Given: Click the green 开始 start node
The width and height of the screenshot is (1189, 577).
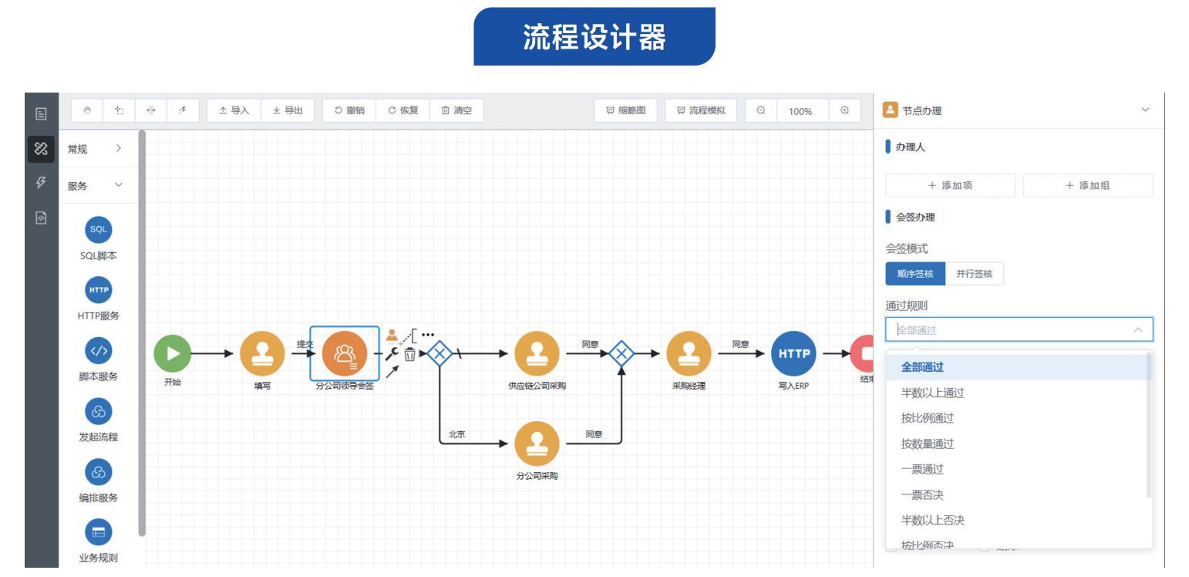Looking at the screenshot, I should click(x=172, y=353).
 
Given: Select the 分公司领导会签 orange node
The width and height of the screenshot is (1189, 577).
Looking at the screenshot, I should click(x=345, y=353).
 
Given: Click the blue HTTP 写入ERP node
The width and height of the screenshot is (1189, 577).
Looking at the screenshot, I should click(x=793, y=353).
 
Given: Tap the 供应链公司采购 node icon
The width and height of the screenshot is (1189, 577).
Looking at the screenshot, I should click(x=537, y=353).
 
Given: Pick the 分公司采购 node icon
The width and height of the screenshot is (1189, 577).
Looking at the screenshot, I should click(x=537, y=444).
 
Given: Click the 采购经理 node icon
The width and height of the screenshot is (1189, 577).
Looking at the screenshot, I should click(x=689, y=353).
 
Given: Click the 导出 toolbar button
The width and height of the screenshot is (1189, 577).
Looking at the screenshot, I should click(x=288, y=110).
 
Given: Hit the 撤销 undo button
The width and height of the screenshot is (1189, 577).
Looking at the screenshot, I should click(x=349, y=110).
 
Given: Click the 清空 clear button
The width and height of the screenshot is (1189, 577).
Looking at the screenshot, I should click(x=456, y=110).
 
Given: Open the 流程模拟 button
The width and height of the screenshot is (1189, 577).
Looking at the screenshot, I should click(x=700, y=110).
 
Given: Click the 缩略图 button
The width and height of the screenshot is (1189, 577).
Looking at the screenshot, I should click(x=625, y=110).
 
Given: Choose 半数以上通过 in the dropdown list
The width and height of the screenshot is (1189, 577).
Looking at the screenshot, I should click(x=932, y=393).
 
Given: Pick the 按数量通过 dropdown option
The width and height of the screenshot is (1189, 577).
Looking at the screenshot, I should click(x=927, y=444).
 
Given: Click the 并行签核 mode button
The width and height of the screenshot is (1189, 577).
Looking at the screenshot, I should click(x=974, y=274).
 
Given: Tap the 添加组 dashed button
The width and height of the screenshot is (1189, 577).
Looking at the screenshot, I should click(x=1087, y=185).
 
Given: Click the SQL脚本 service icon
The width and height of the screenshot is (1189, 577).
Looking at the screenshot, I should click(x=99, y=230).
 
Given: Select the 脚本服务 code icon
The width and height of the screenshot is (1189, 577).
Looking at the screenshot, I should click(x=99, y=351).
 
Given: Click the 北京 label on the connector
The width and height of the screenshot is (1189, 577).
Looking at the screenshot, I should click(x=456, y=434).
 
